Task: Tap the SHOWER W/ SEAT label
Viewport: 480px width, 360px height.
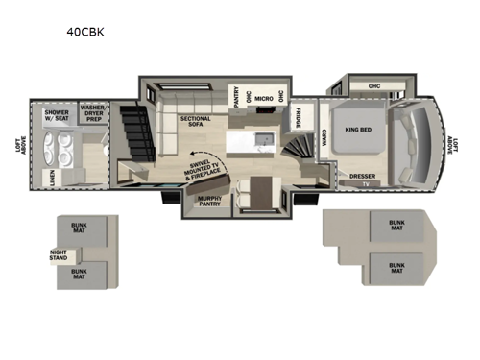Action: pyautogui.click(x=58, y=115)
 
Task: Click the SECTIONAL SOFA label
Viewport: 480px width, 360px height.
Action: pyautogui.click(x=195, y=122)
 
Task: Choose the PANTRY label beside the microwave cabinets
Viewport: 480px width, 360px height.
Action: pyautogui.click(x=235, y=97)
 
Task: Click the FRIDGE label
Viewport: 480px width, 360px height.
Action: pyautogui.click(x=298, y=117)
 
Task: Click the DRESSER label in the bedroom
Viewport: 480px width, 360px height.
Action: pyautogui.click(x=362, y=176)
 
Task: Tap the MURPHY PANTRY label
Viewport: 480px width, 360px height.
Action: pyautogui.click(x=210, y=201)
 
